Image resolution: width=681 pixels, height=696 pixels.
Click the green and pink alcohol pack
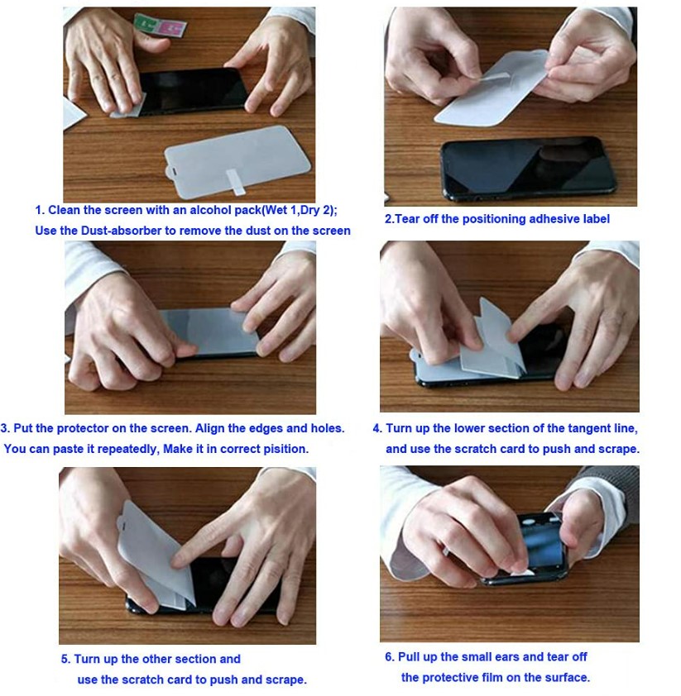pos(160,25)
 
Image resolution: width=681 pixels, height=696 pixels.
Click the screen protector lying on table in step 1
pos(237,161)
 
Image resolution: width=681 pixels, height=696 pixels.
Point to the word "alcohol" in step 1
pos(210,210)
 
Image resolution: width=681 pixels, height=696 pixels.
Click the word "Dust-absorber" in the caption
pos(122,231)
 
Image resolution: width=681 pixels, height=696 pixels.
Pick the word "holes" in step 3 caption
pos(327,428)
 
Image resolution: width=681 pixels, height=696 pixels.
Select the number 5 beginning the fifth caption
pos(65,659)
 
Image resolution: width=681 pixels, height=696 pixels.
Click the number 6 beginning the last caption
pos(389,657)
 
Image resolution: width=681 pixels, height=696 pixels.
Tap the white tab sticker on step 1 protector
pos(235,182)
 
